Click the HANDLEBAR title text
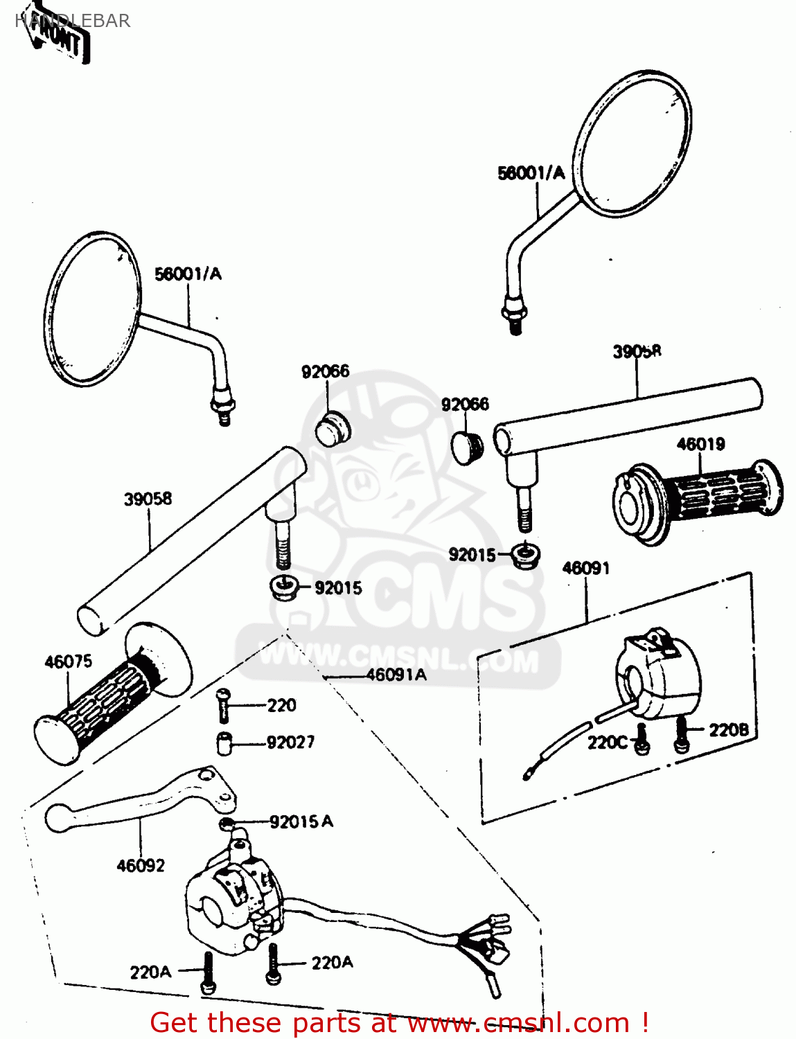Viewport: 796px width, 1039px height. point(72,21)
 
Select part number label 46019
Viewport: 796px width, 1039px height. point(700,444)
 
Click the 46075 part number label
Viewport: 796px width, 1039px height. point(68,661)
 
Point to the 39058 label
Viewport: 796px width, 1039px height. point(148,499)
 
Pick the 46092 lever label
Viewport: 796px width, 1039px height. point(141,866)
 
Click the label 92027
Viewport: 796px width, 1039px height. point(290,743)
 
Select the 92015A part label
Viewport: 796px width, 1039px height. point(301,822)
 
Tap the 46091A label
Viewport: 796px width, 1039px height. point(396,675)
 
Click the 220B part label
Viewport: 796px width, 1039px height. point(728,730)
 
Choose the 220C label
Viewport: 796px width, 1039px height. point(608,743)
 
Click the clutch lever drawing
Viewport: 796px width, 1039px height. point(139,803)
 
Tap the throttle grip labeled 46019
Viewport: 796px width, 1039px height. point(700,495)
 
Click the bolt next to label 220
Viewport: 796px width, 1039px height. point(222,704)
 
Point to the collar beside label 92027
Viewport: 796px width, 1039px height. point(223,743)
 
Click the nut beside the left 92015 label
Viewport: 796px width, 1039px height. point(283,588)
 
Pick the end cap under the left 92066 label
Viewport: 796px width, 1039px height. point(333,429)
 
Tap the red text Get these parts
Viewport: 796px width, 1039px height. point(398,1022)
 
